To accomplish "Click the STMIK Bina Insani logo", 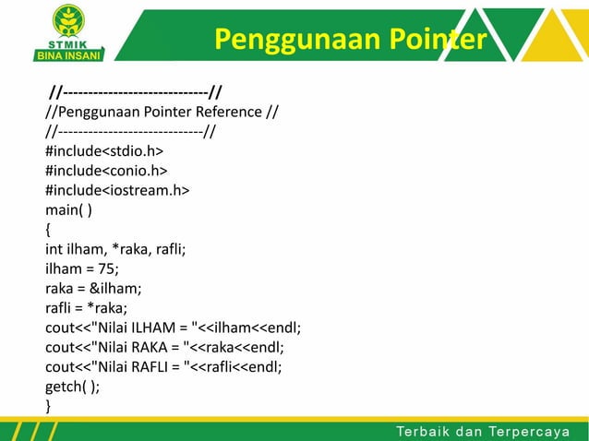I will [x=69, y=31].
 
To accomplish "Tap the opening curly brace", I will [x=49, y=229].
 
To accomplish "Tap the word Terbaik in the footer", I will [x=424, y=429].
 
